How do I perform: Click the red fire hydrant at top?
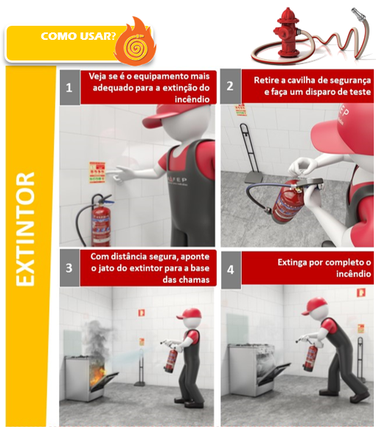[x=286, y=32]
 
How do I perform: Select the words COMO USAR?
[x=78, y=36]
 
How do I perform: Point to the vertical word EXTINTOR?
[x=25, y=229]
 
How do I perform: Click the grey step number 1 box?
[x=69, y=88]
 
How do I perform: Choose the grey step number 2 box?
[x=231, y=86]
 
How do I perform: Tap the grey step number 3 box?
[x=69, y=268]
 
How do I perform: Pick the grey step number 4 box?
[x=231, y=270]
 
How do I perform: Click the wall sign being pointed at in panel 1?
[x=97, y=173]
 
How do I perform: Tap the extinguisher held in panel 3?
[x=172, y=358]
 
